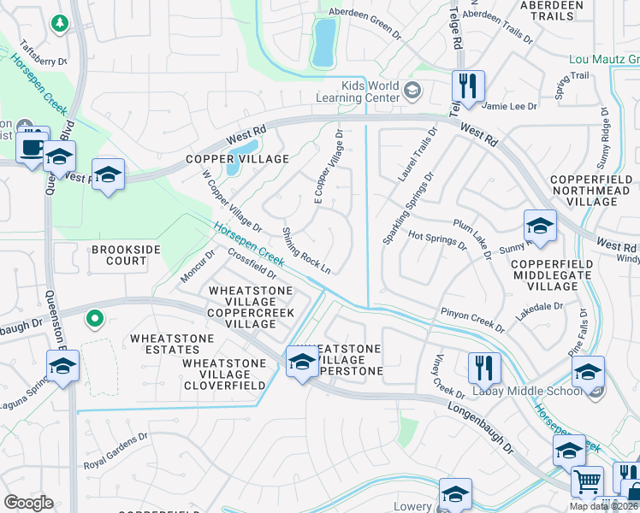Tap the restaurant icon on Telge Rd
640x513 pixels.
tap(468, 87)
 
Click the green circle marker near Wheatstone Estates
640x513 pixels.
tap(95, 320)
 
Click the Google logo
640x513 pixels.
tap(28, 503)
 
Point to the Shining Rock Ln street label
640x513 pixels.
tap(306, 251)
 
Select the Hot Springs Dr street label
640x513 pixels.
tap(437, 239)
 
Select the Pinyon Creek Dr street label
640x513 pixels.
tap(472, 317)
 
